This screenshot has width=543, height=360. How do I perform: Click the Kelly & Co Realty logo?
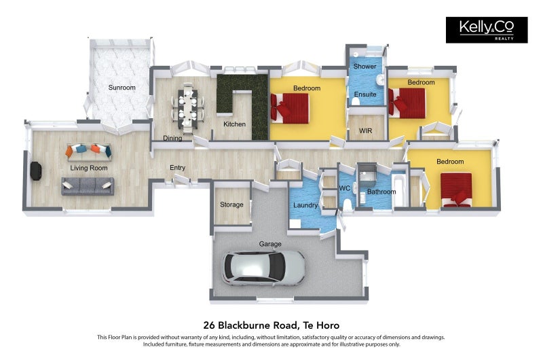[x=486, y=30]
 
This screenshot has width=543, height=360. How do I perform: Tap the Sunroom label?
[x=122, y=88]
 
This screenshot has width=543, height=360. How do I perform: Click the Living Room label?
[x=89, y=168]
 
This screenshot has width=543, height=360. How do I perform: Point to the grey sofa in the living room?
[x=88, y=184]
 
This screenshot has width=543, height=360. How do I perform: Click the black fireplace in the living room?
[x=35, y=171]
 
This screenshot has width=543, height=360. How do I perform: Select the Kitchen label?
[x=234, y=124]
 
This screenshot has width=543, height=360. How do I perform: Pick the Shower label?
[x=364, y=67]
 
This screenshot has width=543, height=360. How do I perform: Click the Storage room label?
[x=231, y=204]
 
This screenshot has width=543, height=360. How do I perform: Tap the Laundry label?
[x=305, y=204]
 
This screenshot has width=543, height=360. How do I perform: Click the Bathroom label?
[x=381, y=192]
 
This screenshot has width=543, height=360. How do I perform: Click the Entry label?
[x=177, y=168]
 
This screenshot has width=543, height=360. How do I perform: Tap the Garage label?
[x=269, y=244]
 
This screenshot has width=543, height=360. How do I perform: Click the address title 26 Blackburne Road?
[x=271, y=325]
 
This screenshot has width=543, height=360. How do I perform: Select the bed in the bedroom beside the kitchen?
[x=291, y=107]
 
